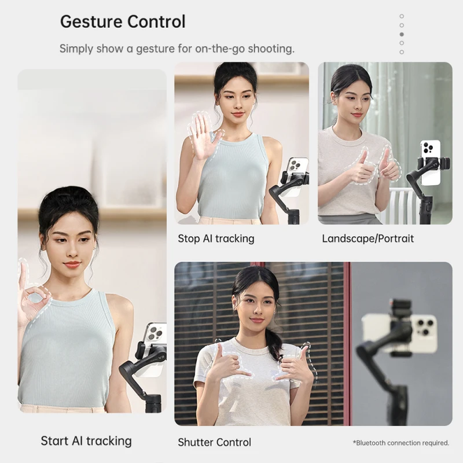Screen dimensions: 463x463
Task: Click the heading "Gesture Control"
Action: [123, 22]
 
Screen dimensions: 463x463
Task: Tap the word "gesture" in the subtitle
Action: [155, 49]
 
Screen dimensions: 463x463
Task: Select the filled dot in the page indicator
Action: [402, 34]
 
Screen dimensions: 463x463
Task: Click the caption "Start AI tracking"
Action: [86, 441]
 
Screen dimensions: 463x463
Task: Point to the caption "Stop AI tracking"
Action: [216, 238]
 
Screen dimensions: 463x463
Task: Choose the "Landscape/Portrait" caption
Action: [368, 238]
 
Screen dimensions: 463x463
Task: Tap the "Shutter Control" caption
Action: [214, 442]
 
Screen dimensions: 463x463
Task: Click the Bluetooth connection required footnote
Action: [401, 443]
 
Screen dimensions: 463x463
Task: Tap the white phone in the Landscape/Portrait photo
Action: [431, 163]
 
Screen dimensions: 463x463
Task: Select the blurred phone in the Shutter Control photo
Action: [399, 333]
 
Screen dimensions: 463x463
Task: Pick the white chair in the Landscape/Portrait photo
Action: [405, 205]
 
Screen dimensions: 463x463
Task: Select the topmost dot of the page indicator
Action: [402, 16]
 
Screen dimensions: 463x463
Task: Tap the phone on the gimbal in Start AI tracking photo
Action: [155, 348]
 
